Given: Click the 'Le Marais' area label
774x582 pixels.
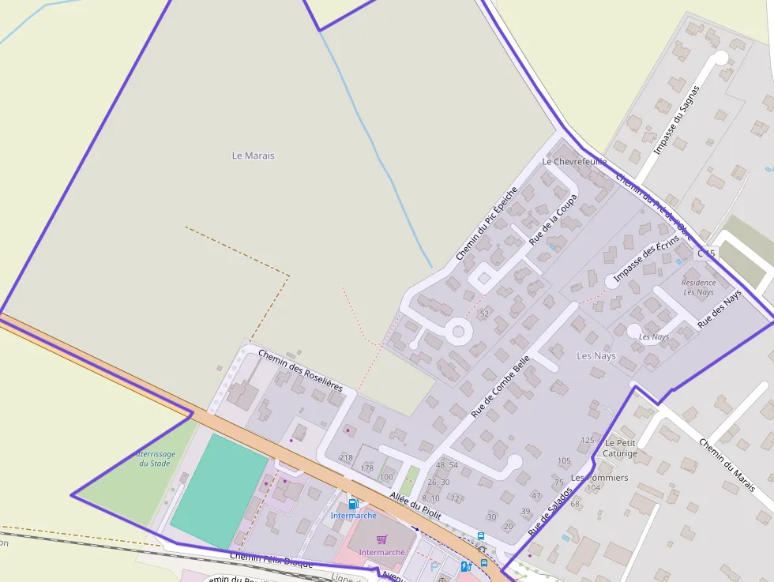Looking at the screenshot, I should [x=254, y=156].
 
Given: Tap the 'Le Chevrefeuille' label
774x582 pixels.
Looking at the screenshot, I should [x=574, y=161].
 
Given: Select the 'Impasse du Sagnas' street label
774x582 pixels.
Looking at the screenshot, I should [x=678, y=118].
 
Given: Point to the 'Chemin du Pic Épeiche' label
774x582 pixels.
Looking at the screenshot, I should [x=487, y=223].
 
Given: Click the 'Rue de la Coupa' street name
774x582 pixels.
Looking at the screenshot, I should [x=554, y=219].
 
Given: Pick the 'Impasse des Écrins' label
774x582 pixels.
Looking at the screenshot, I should [x=646, y=257].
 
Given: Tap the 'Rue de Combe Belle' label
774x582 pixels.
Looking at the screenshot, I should [x=500, y=386].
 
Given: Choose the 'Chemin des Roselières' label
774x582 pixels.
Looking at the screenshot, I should [x=300, y=371].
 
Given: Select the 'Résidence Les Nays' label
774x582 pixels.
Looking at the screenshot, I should [x=698, y=287].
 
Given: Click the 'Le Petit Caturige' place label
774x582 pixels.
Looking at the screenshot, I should [x=620, y=449].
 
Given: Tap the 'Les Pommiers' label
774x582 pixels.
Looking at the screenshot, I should [x=599, y=478].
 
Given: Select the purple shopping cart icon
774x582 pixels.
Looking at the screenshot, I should [x=381, y=539].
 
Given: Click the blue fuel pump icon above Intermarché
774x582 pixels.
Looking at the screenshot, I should [x=353, y=503].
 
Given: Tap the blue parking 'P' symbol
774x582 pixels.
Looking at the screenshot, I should [x=434, y=567].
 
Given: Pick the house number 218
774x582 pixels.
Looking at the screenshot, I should [x=345, y=458].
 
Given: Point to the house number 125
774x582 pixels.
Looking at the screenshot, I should [x=587, y=441].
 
